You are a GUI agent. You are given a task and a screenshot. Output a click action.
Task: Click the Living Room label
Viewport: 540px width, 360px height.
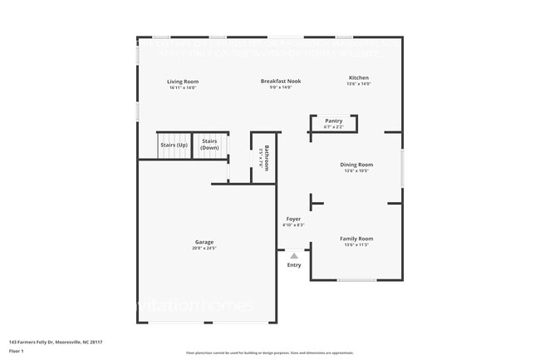[x=183, y=81]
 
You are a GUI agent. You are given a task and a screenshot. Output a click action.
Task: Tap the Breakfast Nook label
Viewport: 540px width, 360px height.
[x=280, y=81]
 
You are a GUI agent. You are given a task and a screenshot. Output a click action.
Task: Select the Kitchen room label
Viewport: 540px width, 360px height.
[x=357, y=77]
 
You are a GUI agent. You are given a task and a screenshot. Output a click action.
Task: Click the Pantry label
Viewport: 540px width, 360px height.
[x=333, y=121]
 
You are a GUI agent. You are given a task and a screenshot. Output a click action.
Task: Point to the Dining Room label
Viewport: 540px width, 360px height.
[x=356, y=165]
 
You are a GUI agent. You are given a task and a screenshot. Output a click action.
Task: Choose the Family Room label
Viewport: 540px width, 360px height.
[x=356, y=239]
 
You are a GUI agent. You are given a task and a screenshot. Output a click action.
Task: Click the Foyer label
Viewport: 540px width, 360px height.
[x=293, y=219]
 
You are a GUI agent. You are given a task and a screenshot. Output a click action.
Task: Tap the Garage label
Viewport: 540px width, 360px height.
[x=204, y=242]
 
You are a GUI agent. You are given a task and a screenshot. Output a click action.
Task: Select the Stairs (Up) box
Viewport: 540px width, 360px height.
[x=174, y=145]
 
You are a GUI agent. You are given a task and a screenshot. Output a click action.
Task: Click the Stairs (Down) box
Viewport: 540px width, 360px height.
[x=209, y=145]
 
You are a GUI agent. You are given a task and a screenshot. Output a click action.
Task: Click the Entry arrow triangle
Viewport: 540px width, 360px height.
[x=293, y=256]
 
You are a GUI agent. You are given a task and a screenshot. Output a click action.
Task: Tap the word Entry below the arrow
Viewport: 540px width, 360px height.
[x=294, y=265]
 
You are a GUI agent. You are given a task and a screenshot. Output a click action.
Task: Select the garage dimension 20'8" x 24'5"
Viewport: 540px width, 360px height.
[x=204, y=248]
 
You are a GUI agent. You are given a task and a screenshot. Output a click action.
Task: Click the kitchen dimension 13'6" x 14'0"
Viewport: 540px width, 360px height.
[x=357, y=84]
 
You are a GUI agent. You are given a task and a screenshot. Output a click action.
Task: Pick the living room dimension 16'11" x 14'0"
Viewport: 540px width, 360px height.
[x=183, y=87]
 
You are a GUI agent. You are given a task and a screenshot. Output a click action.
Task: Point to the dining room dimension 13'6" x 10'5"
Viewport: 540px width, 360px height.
[x=356, y=170]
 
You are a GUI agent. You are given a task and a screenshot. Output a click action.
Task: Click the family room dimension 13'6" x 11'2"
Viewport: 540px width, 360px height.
[x=356, y=244]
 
